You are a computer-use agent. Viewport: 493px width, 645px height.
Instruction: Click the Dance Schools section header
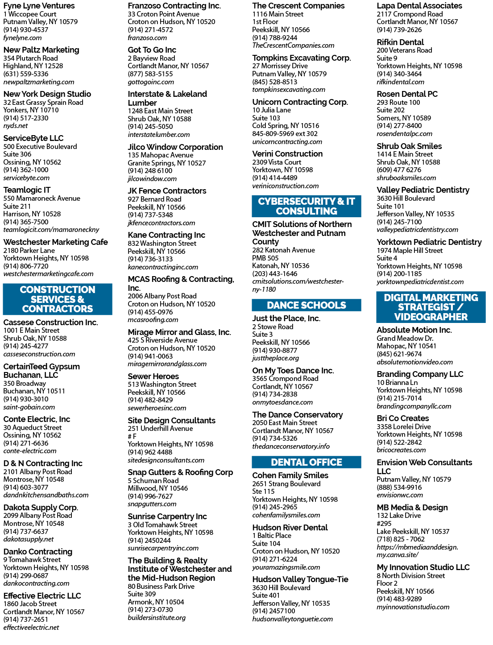[306, 305]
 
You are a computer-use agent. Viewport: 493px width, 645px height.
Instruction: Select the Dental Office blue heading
[306, 462]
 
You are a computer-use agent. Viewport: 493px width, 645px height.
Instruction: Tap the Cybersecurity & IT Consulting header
[306, 206]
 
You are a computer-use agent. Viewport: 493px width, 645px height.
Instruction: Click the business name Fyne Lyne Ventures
[39, 6]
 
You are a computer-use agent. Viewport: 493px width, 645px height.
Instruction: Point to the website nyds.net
[15, 126]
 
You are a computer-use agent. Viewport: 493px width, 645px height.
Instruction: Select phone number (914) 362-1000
[26, 170]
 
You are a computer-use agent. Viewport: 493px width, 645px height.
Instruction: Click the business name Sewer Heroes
[153, 376]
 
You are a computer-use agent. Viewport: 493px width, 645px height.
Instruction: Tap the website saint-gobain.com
[29, 407]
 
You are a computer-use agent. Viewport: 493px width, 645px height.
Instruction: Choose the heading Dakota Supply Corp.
[41, 508]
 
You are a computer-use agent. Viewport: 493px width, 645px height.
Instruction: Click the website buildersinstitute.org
[157, 617]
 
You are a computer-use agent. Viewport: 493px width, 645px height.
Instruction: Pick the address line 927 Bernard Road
[154, 199]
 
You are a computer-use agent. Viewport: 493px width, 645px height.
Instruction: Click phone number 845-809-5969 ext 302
[285, 134]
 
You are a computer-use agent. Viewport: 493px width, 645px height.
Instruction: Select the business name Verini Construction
[287, 154]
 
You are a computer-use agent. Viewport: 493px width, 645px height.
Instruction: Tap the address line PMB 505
[265, 258]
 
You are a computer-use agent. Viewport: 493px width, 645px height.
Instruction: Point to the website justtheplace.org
[275, 358]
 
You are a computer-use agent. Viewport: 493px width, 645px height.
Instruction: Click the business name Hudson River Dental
[290, 527]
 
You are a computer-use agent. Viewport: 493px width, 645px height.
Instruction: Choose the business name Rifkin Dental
[400, 42]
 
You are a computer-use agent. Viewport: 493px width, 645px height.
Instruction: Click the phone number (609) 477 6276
[399, 170]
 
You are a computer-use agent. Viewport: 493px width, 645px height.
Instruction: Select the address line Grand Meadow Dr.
[405, 338]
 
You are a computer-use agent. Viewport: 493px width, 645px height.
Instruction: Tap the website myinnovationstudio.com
[413, 607]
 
